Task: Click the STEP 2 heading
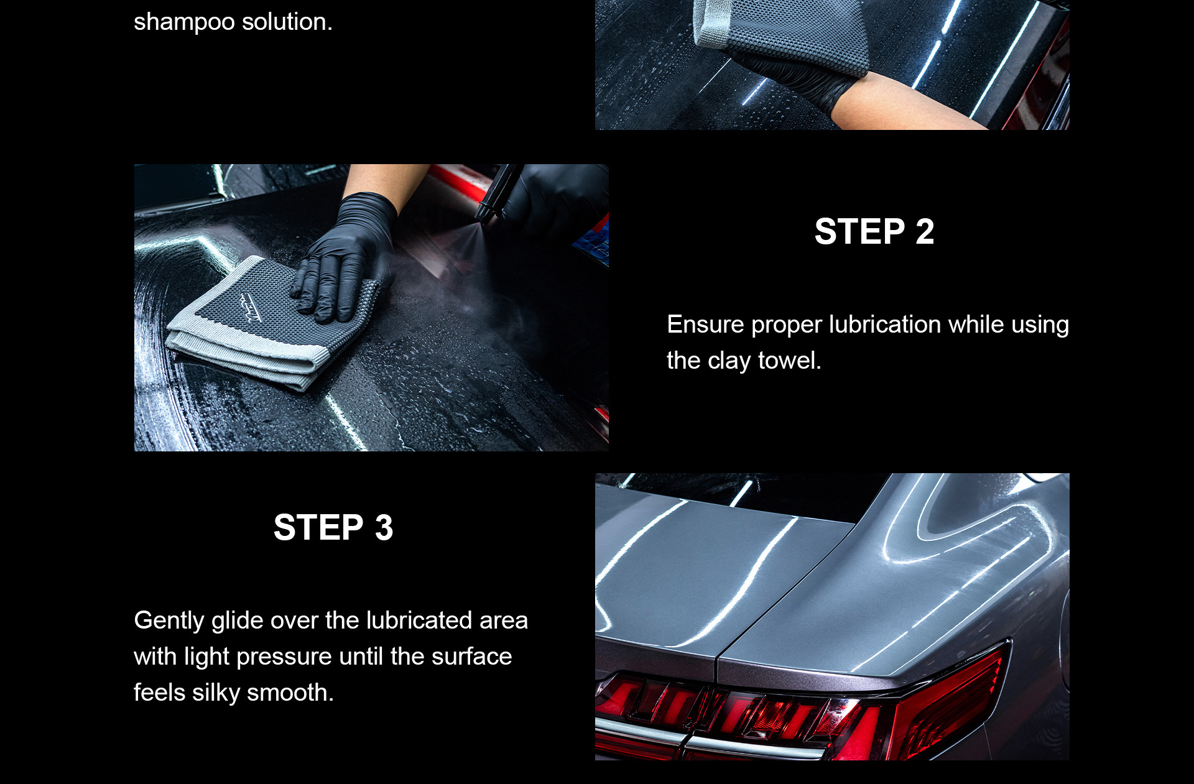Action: [874, 232]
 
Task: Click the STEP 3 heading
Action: [333, 528]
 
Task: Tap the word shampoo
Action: [184, 23]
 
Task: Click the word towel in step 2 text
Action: [790, 361]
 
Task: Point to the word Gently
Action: [169, 621]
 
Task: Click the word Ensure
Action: [705, 325]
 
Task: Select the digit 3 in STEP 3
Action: [384, 528]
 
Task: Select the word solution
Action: [287, 22]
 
